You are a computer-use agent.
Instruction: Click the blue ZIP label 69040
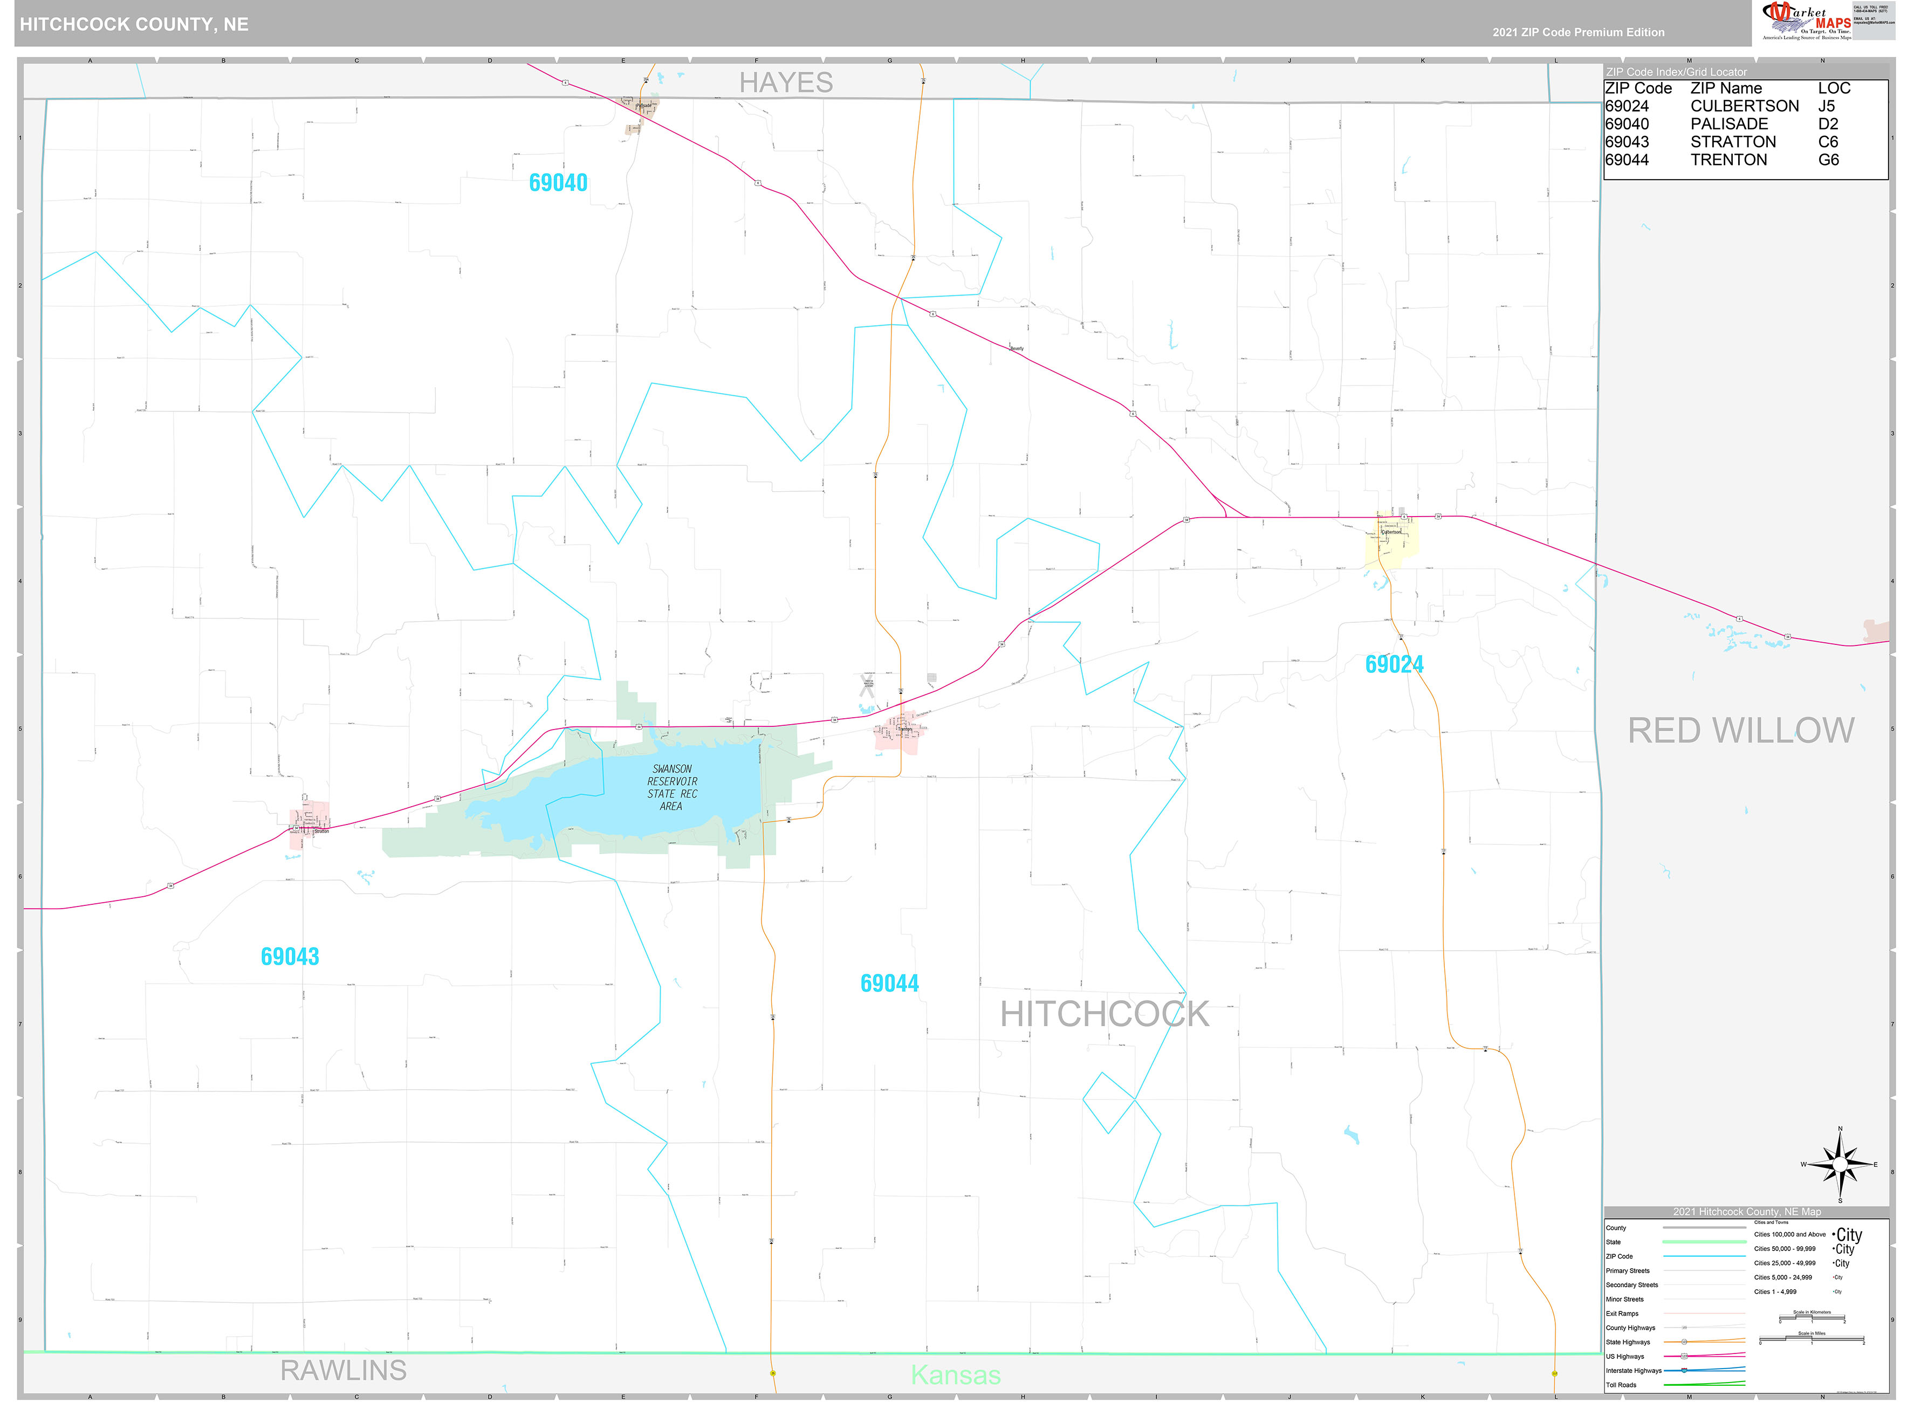pos(558,182)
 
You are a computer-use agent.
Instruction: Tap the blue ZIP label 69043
pos(290,957)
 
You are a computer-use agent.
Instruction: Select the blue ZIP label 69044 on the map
pos(889,983)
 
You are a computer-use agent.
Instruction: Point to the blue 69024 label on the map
pos(1394,664)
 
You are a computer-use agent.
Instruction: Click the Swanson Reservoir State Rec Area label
pos(671,787)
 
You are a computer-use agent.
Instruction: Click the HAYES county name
pos(785,83)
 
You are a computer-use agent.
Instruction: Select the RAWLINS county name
pos(343,1370)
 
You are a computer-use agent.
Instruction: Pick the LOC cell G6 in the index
pos(1828,160)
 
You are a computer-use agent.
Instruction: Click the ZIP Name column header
pos(1725,88)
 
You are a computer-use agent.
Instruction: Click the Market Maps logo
pos(1806,21)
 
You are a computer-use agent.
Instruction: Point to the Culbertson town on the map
pos(1390,537)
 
